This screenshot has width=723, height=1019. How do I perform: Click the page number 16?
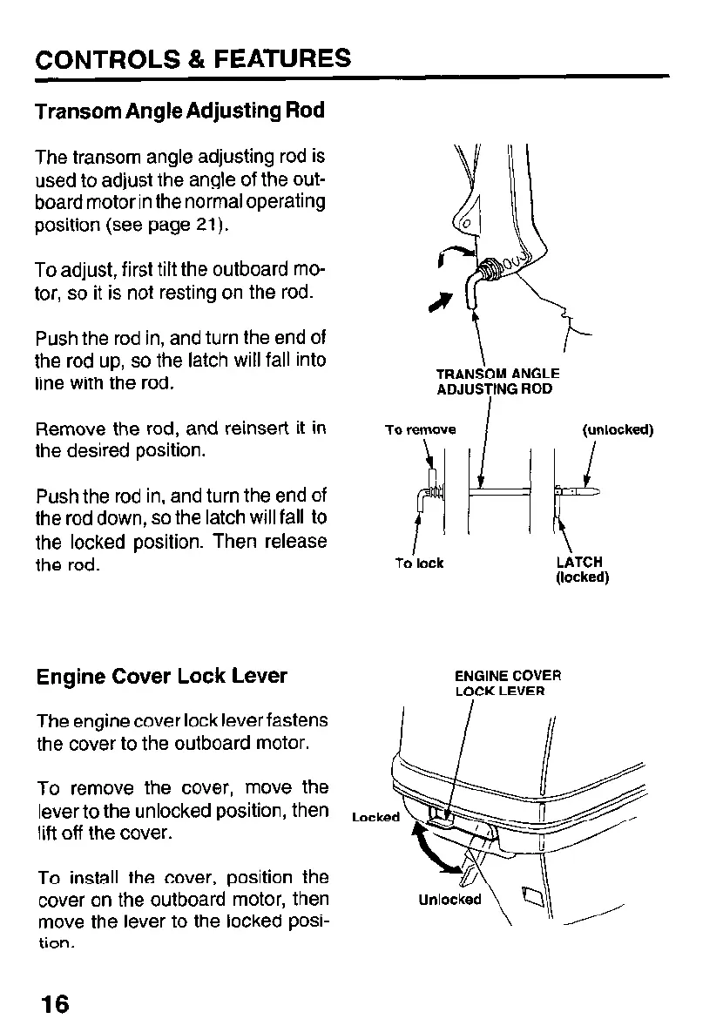(52, 1002)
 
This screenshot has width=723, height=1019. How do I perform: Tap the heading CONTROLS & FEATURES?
(193, 59)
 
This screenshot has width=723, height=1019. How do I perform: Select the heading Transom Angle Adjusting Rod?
(179, 111)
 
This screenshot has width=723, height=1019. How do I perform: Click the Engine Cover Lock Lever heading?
(161, 677)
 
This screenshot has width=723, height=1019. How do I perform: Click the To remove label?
(420, 430)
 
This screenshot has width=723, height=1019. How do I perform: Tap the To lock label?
(419, 563)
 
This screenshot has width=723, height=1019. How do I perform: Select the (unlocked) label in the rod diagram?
(617, 430)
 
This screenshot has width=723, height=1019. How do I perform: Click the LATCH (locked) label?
(581, 570)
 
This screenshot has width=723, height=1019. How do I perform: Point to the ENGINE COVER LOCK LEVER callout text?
(508, 683)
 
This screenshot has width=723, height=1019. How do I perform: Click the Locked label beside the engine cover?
(375, 817)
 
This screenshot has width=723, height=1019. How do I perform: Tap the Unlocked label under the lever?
(449, 900)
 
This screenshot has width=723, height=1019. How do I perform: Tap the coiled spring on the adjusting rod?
(492, 267)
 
